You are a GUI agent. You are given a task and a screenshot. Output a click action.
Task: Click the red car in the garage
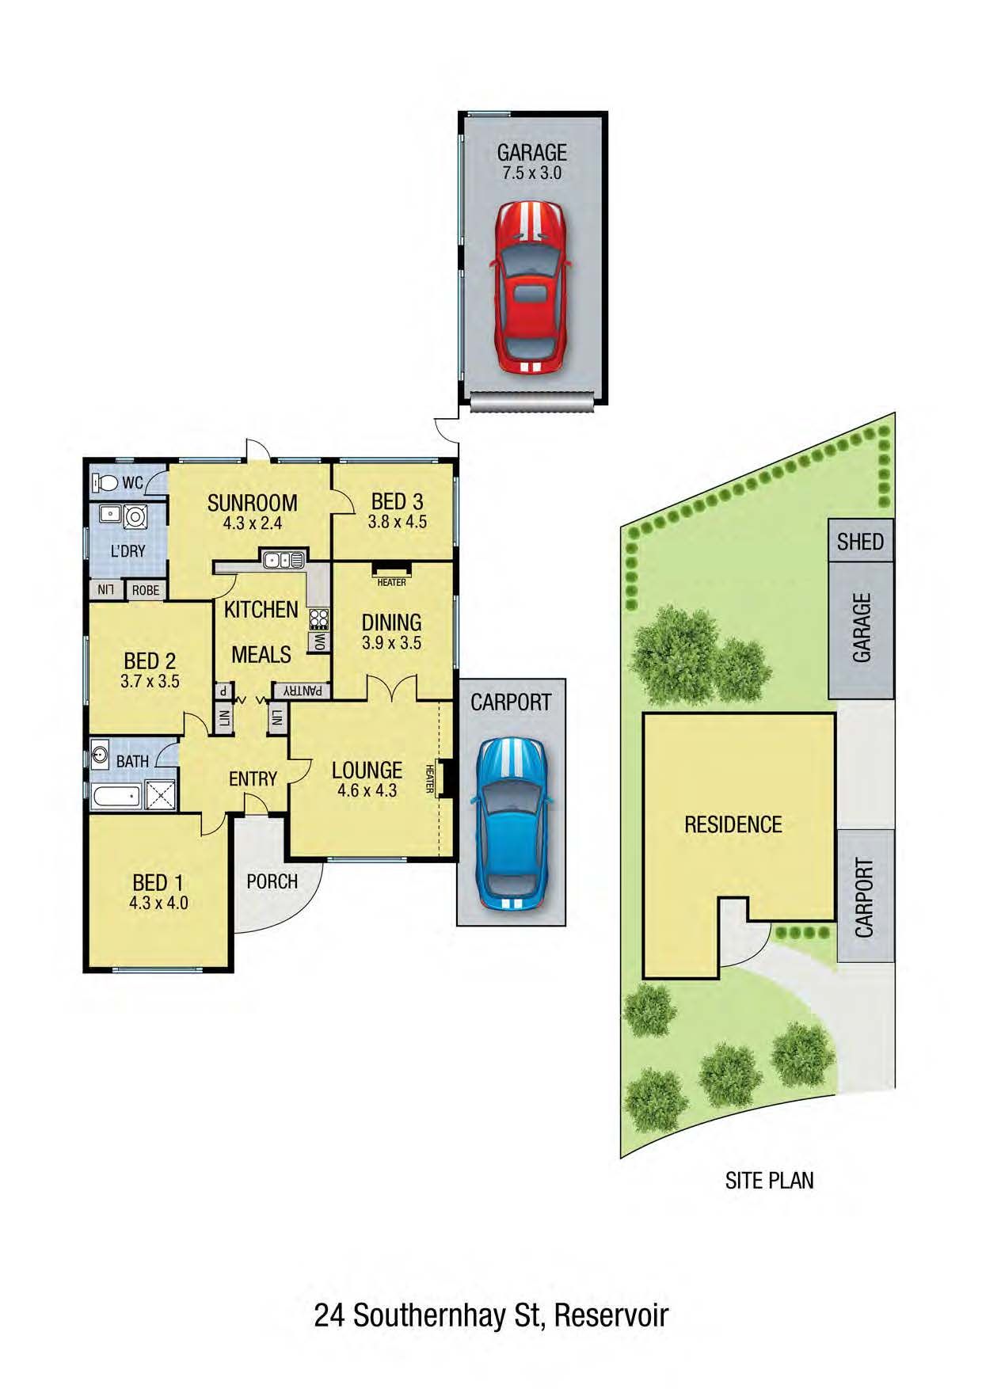tap(529, 287)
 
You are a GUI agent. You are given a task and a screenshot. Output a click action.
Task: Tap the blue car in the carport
tap(511, 824)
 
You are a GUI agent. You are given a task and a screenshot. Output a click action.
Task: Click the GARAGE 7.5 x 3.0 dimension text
tap(532, 172)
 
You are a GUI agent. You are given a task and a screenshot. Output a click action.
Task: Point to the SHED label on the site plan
tap(860, 542)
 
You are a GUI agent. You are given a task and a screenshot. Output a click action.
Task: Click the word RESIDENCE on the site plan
tap(733, 824)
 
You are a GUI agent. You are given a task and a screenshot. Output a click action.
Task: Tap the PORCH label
tap(272, 881)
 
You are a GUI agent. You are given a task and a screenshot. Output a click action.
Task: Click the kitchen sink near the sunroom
tap(283, 560)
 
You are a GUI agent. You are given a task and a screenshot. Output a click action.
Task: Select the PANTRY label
tap(303, 691)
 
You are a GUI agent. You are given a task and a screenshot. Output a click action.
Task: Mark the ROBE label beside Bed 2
tap(146, 590)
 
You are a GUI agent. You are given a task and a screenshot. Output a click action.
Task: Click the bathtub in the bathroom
tap(116, 797)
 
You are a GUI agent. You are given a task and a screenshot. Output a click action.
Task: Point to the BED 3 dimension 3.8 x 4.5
tap(397, 522)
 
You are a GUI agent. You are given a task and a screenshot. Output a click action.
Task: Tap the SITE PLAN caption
tap(769, 1181)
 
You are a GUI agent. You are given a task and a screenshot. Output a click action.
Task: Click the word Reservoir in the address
tap(611, 1315)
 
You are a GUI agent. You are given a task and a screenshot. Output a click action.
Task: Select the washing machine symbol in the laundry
tap(135, 516)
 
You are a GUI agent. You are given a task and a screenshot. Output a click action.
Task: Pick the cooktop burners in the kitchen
tap(319, 618)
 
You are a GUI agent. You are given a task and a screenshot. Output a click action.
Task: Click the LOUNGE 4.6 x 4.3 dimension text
tap(367, 790)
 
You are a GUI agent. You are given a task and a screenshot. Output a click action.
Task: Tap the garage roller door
tap(531, 401)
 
